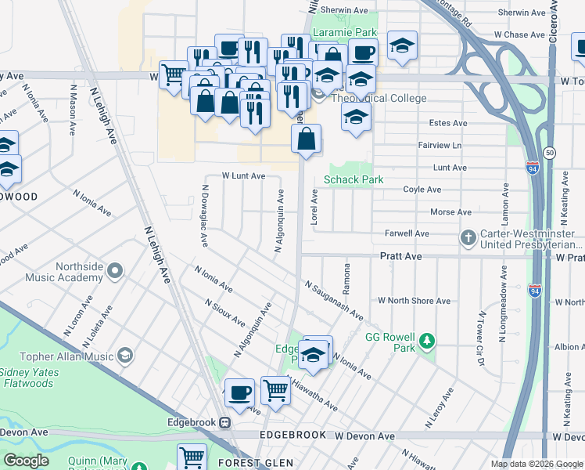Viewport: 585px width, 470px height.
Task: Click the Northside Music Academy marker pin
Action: (x=116, y=272)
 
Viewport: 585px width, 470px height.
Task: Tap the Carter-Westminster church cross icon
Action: (x=468, y=237)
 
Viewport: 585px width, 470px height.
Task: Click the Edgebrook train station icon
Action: (x=225, y=422)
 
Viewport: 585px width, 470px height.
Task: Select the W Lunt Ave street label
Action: (x=243, y=176)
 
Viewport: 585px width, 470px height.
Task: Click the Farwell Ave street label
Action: (x=407, y=233)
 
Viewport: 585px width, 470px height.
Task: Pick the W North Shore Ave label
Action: (x=414, y=301)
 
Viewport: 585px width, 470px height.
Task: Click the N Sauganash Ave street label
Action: (x=334, y=301)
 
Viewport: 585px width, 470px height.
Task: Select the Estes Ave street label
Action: (x=448, y=124)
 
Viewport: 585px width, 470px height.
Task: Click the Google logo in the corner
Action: (x=26, y=461)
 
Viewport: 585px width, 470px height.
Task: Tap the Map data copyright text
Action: (x=537, y=464)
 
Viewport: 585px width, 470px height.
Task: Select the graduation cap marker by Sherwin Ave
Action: (x=402, y=46)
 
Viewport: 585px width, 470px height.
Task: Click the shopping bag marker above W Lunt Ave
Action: (x=307, y=139)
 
